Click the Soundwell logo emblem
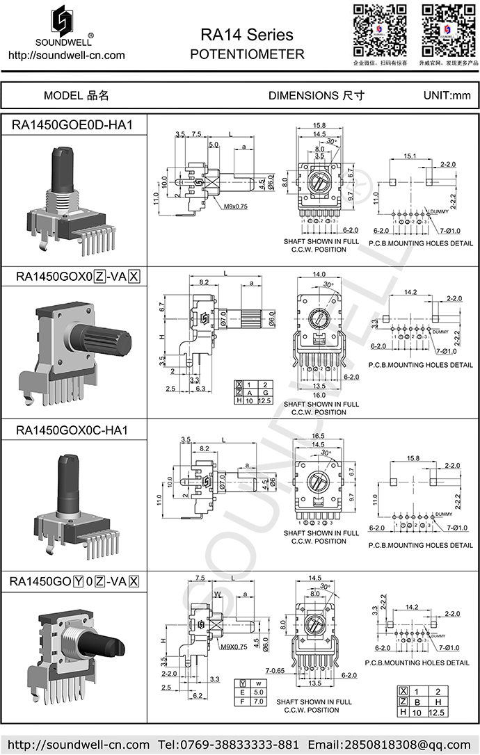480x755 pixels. click(x=65, y=24)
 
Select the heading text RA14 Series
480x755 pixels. click(x=247, y=35)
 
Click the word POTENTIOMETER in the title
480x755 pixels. click(x=247, y=54)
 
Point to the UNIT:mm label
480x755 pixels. click(x=447, y=96)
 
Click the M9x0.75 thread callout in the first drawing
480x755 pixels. click(x=237, y=206)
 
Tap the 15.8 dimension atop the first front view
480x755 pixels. click(x=319, y=125)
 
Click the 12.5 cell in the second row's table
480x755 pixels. click(x=265, y=401)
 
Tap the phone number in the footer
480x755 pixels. click(x=227, y=744)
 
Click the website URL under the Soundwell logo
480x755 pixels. click(x=66, y=55)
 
